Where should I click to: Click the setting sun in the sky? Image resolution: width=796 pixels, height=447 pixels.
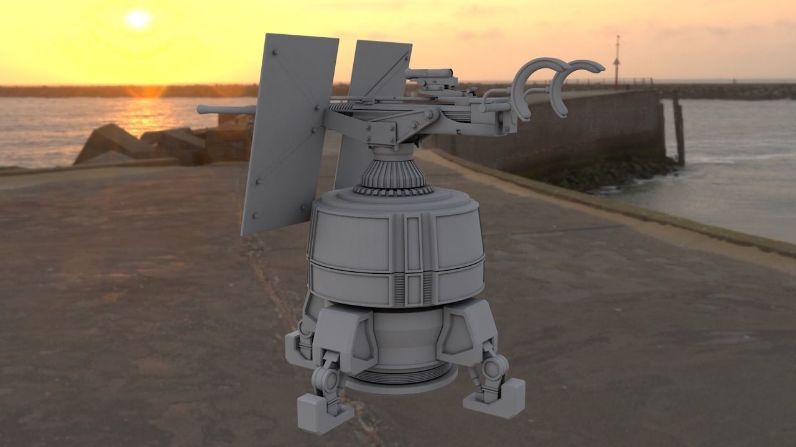coord(137,19)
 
